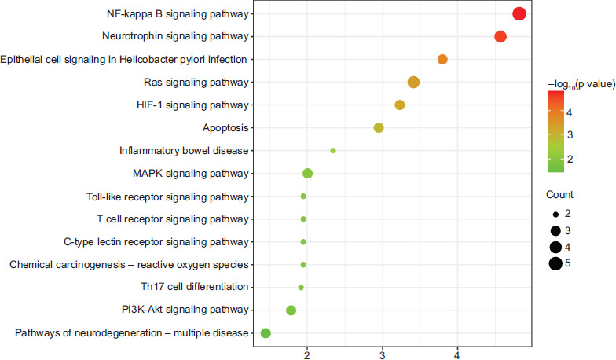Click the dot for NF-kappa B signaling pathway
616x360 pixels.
click(x=519, y=13)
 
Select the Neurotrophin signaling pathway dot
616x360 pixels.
click(x=500, y=36)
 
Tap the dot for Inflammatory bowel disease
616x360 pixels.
click(x=333, y=150)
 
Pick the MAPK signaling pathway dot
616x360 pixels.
click(x=307, y=174)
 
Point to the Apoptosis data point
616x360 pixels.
click(x=379, y=128)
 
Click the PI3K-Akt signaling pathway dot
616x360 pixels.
click(x=291, y=310)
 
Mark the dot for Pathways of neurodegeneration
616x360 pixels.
click(x=266, y=333)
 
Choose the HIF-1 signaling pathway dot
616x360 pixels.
click(x=399, y=105)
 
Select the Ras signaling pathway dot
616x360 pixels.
click(x=414, y=83)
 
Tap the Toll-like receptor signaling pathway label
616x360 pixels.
click(x=167, y=196)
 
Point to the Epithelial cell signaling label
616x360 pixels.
click(x=124, y=59)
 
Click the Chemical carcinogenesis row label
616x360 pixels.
click(x=130, y=264)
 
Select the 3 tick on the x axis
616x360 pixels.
click(x=382, y=353)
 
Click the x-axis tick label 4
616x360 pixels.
click(x=456, y=353)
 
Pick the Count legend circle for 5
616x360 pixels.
click(x=555, y=263)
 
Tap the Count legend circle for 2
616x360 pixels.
click(x=555, y=214)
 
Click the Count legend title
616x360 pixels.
click(x=560, y=194)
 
